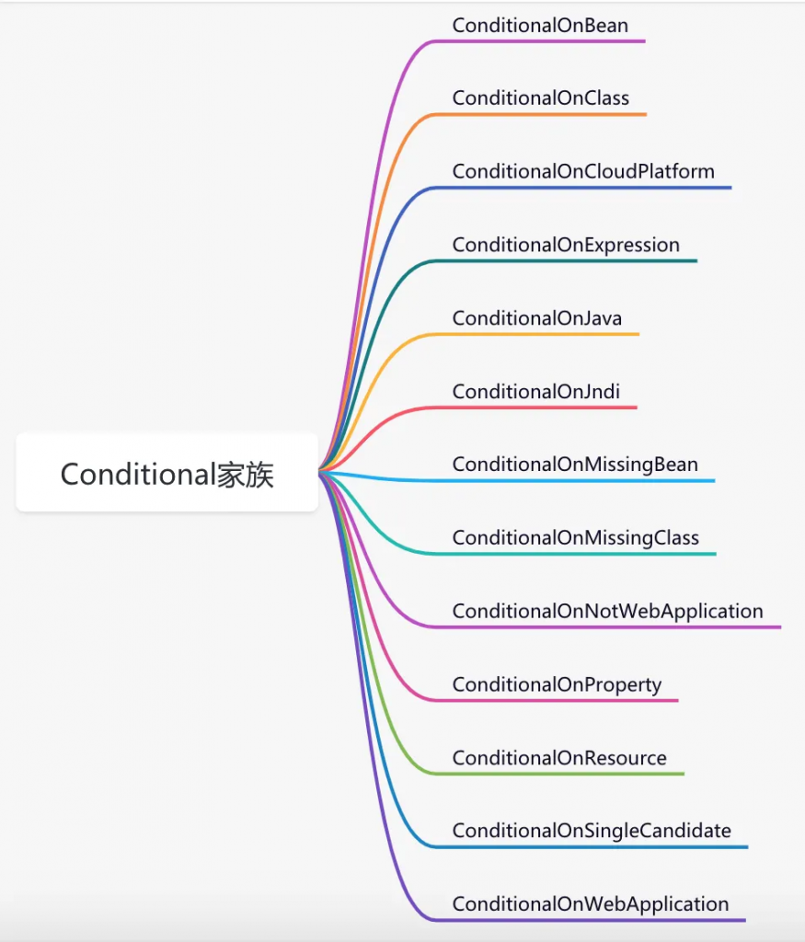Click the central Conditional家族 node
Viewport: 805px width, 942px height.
click(167, 474)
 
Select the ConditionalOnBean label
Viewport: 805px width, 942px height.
click(540, 25)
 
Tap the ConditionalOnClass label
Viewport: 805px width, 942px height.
click(541, 98)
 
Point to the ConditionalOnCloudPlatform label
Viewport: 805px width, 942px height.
click(583, 171)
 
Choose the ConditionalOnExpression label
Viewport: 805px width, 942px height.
click(566, 245)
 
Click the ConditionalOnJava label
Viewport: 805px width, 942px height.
click(537, 317)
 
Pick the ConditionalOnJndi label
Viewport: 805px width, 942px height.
click(535, 392)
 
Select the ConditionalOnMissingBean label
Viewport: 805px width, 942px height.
click(575, 465)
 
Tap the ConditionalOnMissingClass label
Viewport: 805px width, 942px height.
click(576, 537)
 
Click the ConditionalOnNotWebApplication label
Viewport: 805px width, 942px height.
click(607, 611)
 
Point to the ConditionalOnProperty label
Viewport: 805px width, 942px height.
click(557, 684)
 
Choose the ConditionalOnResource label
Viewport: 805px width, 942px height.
click(559, 758)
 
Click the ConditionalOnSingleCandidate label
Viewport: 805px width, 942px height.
click(592, 831)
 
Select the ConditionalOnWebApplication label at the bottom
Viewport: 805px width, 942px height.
click(591, 904)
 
